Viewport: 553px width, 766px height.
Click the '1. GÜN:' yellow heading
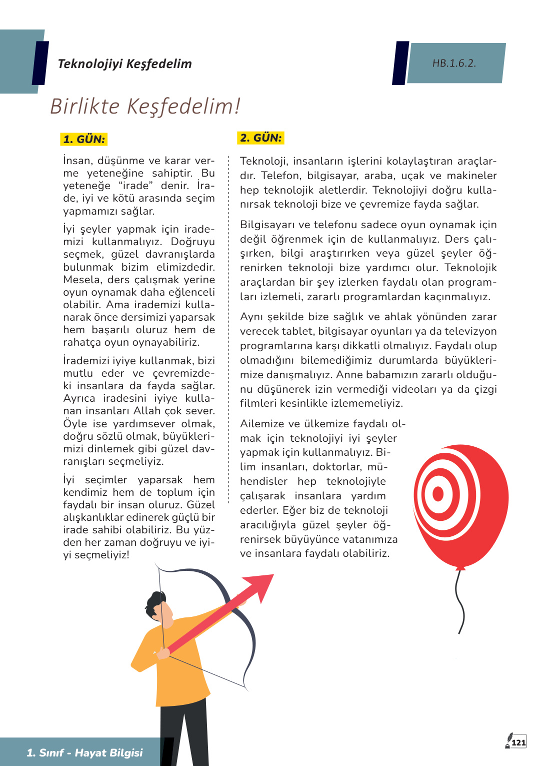[x=84, y=139]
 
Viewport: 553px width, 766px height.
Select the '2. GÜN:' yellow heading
[x=260, y=138]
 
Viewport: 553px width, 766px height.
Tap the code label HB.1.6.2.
[x=454, y=63]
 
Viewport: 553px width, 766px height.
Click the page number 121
[x=519, y=742]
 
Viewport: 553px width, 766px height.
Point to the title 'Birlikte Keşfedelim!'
[x=145, y=106]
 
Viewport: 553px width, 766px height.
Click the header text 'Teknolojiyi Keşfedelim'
[x=124, y=64]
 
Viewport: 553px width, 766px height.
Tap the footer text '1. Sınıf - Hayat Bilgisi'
[x=84, y=752]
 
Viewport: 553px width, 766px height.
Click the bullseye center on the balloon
[x=438, y=494]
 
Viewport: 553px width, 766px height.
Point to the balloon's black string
[x=460, y=600]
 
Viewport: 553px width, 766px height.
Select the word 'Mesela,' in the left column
[x=81, y=280]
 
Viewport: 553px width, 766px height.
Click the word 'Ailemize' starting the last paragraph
[x=261, y=424]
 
